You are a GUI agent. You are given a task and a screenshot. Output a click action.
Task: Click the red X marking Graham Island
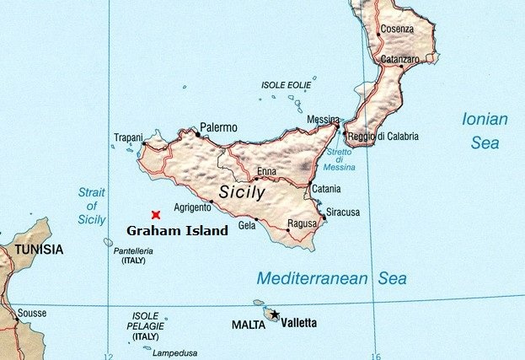(156, 215)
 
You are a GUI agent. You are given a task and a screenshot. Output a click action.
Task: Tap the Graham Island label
(177, 230)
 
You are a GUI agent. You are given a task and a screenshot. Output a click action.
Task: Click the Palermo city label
(218, 127)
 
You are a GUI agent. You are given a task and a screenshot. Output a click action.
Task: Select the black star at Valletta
(274, 314)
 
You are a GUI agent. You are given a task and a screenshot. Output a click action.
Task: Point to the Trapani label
(129, 137)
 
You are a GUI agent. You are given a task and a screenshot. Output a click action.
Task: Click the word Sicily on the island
(242, 192)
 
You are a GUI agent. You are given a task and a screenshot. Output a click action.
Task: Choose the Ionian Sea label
(485, 131)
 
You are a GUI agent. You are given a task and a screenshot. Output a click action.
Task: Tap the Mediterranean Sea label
(331, 278)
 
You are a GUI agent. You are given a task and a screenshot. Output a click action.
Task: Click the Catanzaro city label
(399, 60)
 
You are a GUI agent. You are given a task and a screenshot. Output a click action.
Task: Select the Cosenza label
(397, 29)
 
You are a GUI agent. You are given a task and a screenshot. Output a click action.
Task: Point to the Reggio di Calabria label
(383, 136)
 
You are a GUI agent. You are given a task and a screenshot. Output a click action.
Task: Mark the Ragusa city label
(302, 223)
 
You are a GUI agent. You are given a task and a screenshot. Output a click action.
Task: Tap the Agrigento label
(191, 207)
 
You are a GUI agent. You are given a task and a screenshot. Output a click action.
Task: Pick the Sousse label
(32, 313)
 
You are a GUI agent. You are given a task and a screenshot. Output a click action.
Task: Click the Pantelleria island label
(133, 251)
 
